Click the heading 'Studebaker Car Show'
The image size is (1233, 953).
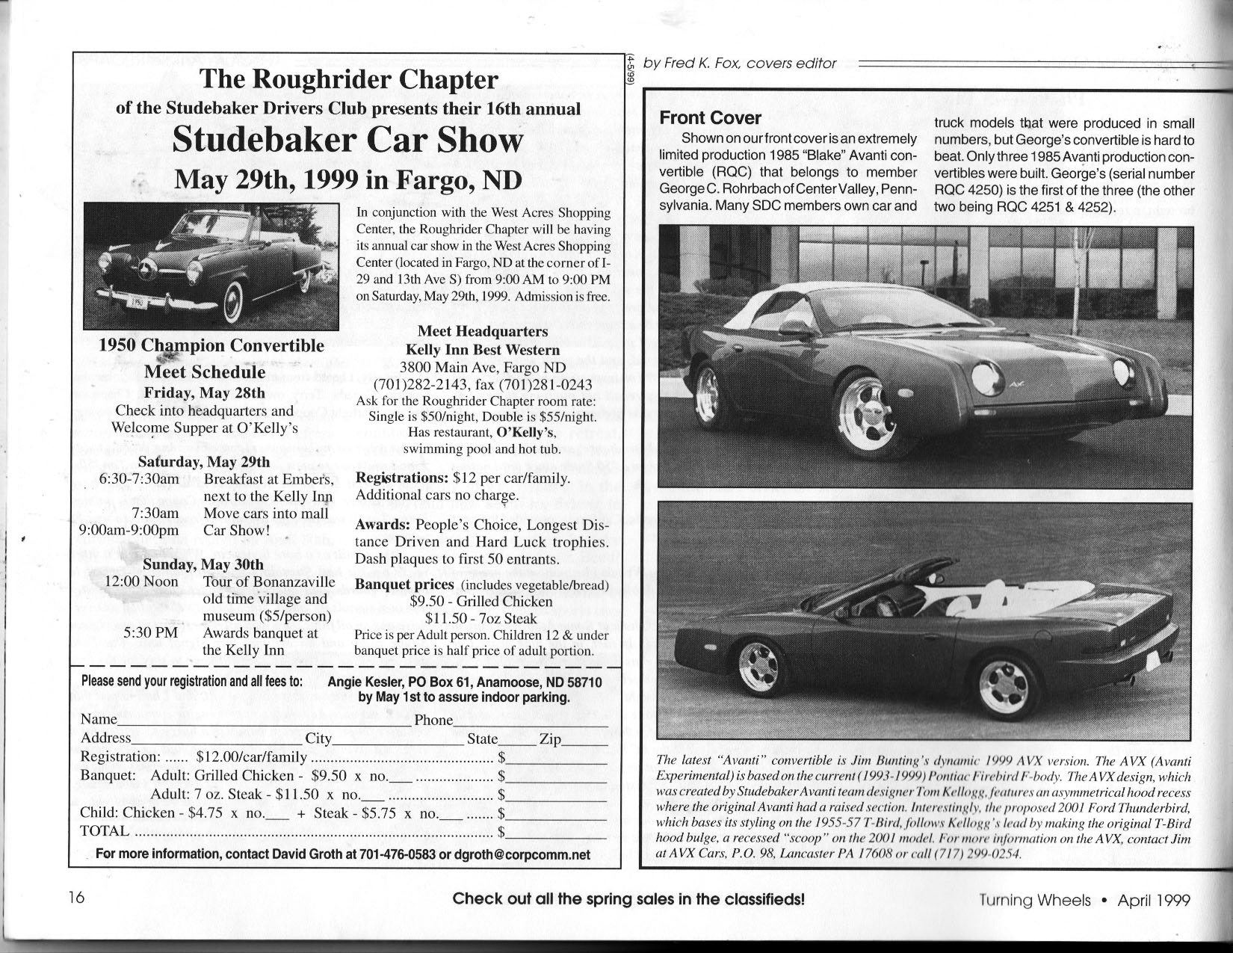click(x=347, y=141)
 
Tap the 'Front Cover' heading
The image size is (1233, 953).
click(x=709, y=118)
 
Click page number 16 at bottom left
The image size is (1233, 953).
click(x=76, y=898)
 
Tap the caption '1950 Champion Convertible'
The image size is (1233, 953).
click(x=212, y=345)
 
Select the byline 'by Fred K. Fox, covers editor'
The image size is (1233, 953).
click(x=740, y=64)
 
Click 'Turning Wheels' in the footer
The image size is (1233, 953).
click(x=1035, y=900)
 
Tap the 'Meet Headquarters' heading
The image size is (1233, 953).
click(x=482, y=331)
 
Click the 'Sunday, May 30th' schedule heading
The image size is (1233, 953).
click(x=203, y=564)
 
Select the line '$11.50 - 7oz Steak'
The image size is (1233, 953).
click(x=481, y=618)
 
